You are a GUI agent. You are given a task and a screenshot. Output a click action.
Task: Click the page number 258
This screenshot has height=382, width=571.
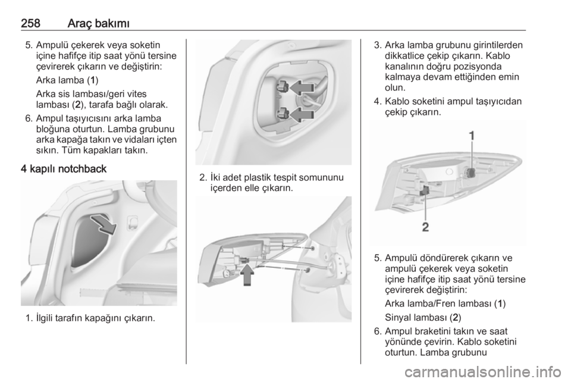pos(30,23)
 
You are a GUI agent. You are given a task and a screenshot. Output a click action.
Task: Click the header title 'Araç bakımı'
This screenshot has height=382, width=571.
pos(99,23)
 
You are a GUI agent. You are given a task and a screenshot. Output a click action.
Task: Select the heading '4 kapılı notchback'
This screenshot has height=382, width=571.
pos(64,169)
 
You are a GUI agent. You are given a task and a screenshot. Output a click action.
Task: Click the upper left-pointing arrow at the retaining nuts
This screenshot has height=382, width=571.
pos(302,87)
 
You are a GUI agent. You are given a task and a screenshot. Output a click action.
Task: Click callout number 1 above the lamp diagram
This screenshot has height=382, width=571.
pos(472,136)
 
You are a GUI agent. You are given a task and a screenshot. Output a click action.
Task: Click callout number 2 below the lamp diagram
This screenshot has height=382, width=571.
pos(425,227)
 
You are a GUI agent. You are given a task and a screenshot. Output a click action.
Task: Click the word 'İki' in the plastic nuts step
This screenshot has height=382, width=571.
pos(217,178)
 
